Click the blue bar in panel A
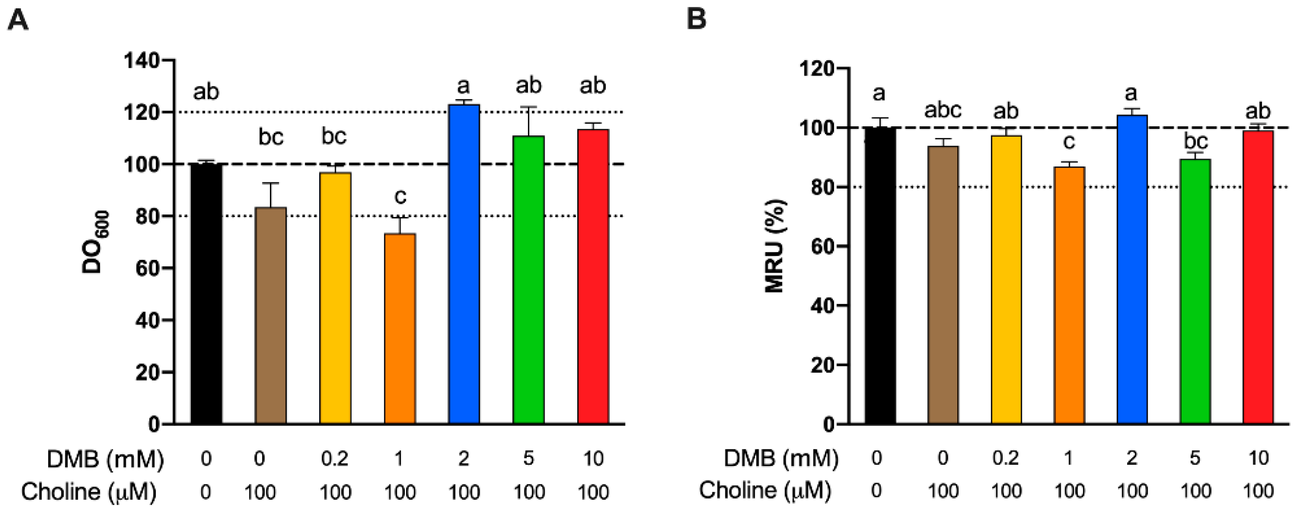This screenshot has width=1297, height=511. (464, 264)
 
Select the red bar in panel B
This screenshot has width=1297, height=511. (1258, 277)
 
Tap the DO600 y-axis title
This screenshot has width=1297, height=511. (93, 242)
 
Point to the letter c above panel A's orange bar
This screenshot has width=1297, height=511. (400, 197)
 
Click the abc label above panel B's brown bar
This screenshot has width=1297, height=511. (942, 109)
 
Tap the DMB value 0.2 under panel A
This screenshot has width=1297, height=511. (335, 459)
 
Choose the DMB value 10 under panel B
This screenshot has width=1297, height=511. (1258, 458)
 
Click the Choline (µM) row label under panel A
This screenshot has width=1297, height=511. (89, 492)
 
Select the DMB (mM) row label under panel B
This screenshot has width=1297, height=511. (781, 458)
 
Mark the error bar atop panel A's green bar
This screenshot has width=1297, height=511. (529, 121)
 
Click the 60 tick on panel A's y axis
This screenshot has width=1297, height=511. (148, 268)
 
